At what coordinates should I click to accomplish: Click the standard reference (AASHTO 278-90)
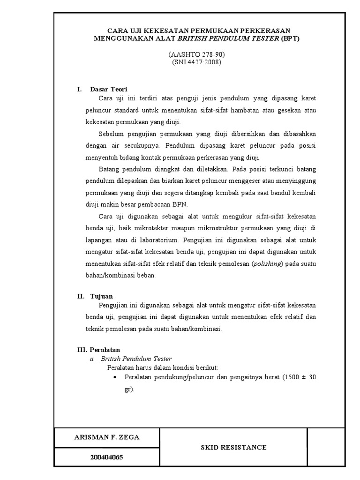coord(193,55)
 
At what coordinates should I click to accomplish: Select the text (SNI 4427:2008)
coord(193,62)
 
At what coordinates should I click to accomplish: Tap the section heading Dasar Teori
coord(108,89)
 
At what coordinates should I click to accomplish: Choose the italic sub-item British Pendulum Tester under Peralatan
coord(133,359)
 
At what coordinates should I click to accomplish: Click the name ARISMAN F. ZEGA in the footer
coord(107,437)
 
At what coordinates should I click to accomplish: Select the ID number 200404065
coord(107,457)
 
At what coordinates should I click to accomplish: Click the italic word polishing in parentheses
coord(268,264)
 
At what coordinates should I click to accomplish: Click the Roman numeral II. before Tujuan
coord(80,296)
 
